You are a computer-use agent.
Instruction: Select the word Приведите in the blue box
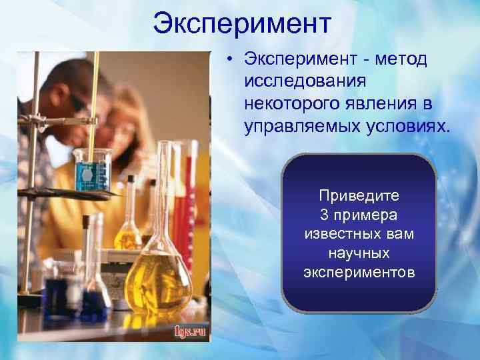(359, 196)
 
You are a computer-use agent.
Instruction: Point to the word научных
(359, 254)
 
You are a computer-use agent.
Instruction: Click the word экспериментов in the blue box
(359, 273)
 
